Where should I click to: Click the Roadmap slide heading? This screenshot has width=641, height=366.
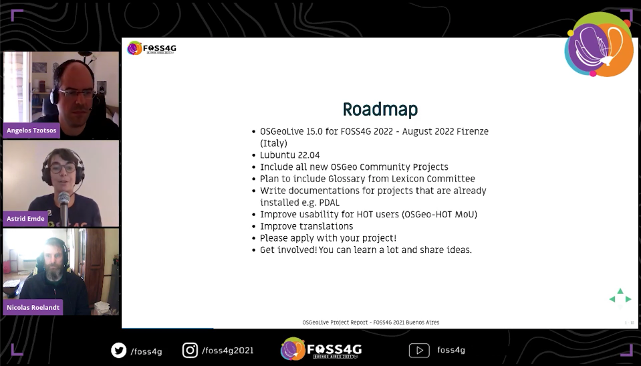(x=380, y=109)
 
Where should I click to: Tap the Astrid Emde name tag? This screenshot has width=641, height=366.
(x=26, y=218)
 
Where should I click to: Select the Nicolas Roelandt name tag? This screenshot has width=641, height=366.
(x=33, y=307)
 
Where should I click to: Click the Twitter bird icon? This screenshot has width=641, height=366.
(x=118, y=350)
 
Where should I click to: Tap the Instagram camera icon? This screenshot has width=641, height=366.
(x=190, y=350)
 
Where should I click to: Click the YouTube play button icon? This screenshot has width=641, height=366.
(x=419, y=350)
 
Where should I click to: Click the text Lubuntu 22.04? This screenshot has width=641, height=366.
(x=289, y=155)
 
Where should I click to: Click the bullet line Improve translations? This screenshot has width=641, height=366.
(x=306, y=226)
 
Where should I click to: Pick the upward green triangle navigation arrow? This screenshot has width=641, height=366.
(x=620, y=291)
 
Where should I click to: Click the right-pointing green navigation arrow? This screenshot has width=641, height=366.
(x=628, y=299)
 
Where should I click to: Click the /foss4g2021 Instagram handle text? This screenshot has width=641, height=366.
(x=227, y=350)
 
